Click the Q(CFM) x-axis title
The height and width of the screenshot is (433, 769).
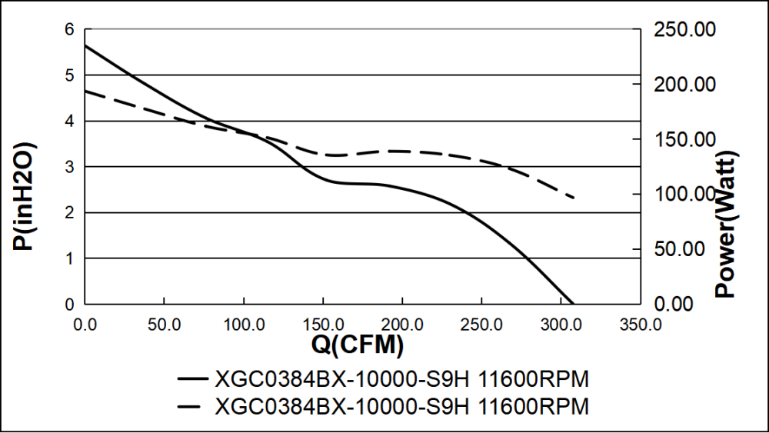click(x=357, y=345)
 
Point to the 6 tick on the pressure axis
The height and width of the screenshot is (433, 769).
click(x=68, y=30)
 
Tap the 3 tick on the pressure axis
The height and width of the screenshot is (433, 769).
click(x=68, y=167)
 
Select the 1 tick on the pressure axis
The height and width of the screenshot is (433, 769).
click(x=68, y=258)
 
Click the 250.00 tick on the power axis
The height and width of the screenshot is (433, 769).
click(x=684, y=30)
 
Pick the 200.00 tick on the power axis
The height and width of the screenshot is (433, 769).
click(x=684, y=85)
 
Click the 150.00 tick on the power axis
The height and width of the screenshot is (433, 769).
click(x=684, y=140)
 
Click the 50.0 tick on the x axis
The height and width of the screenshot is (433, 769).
click(x=164, y=323)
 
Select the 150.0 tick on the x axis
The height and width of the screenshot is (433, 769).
click(x=322, y=323)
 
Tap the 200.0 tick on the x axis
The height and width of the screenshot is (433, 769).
click(x=401, y=323)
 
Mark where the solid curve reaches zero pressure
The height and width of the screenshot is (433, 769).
click(x=574, y=304)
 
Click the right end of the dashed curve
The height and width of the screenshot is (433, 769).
click(x=574, y=198)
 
